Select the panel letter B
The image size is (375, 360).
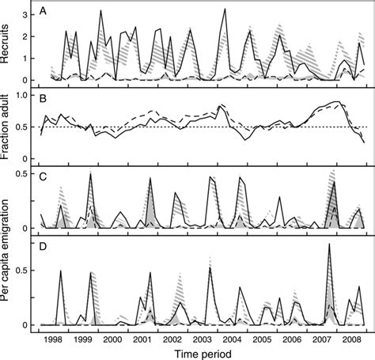(x=46, y=99)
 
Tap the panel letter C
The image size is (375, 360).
(x=46, y=172)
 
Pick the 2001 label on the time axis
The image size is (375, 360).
(x=141, y=338)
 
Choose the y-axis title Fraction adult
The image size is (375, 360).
(x=8, y=127)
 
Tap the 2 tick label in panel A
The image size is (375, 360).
(x=29, y=36)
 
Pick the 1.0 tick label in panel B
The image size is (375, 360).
(x=25, y=96)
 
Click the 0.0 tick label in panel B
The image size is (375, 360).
(x=25, y=157)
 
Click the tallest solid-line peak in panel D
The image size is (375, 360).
(x=328, y=244)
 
